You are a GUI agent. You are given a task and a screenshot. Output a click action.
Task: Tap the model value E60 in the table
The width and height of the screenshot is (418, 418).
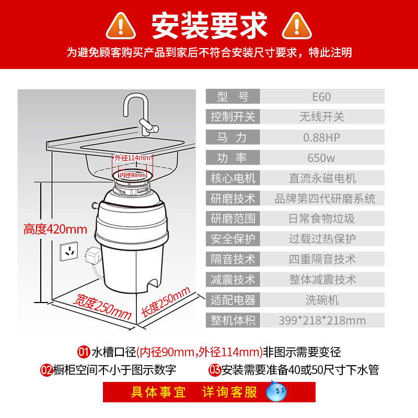click(x=321, y=97)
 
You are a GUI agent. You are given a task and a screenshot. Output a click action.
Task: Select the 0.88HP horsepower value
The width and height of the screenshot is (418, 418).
click(x=321, y=138)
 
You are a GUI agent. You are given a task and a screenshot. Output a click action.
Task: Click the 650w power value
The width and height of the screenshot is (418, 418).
click(x=321, y=158)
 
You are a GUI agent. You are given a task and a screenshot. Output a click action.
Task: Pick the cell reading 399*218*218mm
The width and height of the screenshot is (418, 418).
click(x=322, y=320)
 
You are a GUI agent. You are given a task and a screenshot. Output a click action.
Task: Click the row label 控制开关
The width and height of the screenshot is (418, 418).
click(x=233, y=117)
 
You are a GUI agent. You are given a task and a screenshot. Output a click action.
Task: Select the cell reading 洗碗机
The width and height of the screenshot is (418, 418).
click(x=322, y=300)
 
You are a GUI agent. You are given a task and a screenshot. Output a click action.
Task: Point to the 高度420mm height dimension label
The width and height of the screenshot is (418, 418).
click(x=55, y=229)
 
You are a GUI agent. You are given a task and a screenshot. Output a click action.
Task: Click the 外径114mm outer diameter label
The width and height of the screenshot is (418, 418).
click(x=133, y=158)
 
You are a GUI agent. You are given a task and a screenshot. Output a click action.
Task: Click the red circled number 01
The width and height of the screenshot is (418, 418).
click(x=84, y=352)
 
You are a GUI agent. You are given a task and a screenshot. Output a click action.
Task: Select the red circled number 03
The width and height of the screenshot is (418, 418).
click(x=214, y=370)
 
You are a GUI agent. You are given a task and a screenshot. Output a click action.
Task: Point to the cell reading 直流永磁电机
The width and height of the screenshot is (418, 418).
click(x=322, y=178)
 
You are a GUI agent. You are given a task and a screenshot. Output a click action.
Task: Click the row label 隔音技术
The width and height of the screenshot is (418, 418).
click(x=233, y=259)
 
